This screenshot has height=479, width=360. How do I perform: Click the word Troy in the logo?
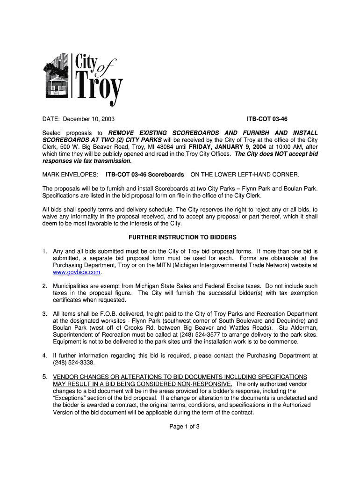tap(99, 87)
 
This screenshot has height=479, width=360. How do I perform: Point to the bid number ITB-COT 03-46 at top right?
tap(267, 119)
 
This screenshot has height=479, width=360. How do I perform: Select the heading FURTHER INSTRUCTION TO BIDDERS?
tap(180, 237)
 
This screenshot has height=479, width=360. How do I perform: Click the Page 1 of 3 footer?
tap(180, 427)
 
